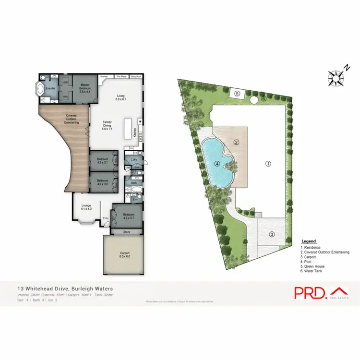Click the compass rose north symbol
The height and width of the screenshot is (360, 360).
click(334, 76)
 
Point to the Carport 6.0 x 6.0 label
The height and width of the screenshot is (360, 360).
click(124, 255)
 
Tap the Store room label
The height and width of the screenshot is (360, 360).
click(127, 232)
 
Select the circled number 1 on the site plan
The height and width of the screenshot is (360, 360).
click(268, 163)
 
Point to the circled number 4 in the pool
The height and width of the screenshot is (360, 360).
click(217, 164)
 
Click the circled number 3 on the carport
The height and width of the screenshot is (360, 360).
click(272, 234)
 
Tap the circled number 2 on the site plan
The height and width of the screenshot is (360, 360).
click(236, 142)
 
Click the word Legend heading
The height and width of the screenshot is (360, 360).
click(308, 241)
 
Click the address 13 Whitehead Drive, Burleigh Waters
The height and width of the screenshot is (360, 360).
click(65, 288)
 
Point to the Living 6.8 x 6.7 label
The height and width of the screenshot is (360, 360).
click(121, 98)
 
